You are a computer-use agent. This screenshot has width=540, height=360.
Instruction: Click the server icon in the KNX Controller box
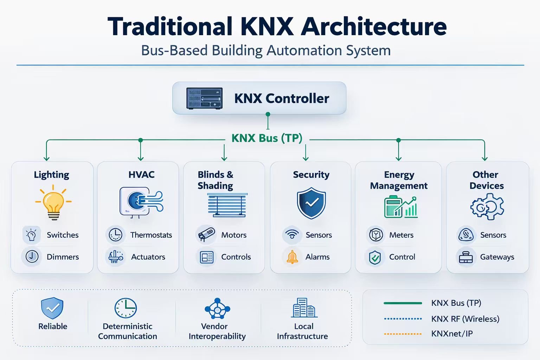coord(204,98)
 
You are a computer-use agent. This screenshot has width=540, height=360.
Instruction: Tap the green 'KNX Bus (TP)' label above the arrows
coord(267,138)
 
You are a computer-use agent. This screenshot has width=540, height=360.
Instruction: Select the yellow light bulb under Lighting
coord(53,204)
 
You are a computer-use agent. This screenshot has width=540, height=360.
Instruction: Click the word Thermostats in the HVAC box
coord(151,235)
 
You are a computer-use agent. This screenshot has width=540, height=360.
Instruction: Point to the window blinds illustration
coord(227,205)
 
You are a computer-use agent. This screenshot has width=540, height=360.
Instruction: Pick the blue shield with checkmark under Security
coord(311,203)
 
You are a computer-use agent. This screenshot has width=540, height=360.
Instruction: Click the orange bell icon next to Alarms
coord(292,257)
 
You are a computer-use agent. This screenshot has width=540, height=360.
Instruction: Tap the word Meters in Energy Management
coord(401,235)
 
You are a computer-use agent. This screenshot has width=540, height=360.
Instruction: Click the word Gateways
coord(497,257)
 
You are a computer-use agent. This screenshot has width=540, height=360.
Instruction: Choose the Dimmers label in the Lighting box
coord(63,257)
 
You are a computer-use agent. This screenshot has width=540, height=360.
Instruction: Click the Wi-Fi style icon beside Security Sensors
coord(292,234)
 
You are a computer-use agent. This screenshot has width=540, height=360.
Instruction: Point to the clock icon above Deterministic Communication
coord(126,308)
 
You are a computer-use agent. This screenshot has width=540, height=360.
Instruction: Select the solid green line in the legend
coord(403,303)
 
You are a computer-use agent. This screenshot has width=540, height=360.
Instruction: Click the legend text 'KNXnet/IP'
coord(452,334)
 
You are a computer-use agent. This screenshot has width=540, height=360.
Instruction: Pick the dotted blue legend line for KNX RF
coord(403,319)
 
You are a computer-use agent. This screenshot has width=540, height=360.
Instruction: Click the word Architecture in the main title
coord(374,27)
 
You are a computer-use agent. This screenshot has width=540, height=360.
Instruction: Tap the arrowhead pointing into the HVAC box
coord(141,158)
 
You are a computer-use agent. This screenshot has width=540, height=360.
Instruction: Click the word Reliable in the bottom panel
coord(53,326)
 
